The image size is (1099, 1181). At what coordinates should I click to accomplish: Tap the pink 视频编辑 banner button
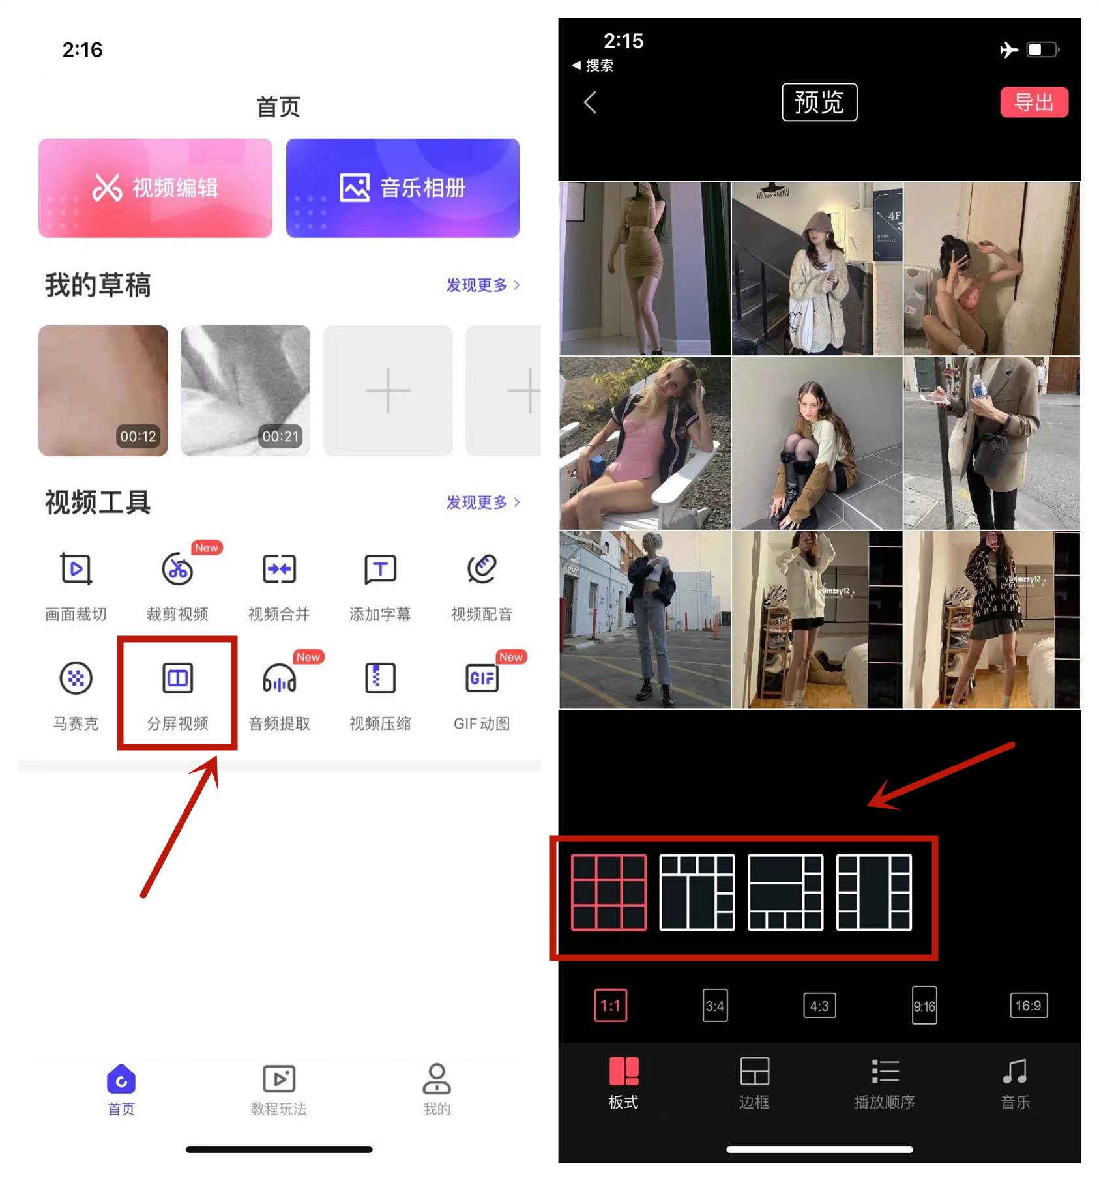click(155, 188)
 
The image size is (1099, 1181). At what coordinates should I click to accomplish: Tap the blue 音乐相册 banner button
click(402, 188)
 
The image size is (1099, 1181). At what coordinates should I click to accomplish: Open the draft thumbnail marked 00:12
click(103, 390)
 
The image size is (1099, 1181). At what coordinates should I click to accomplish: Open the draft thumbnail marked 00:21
click(245, 390)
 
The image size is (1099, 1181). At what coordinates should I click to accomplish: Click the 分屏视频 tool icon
click(177, 678)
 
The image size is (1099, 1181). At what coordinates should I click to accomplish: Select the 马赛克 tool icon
click(76, 678)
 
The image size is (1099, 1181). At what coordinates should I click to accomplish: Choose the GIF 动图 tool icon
click(482, 678)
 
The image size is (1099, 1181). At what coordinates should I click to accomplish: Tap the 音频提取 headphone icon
click(279, 678)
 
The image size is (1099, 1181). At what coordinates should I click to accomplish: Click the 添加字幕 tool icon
click(380, 570)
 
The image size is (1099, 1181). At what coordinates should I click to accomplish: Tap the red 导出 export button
click(1033, 102)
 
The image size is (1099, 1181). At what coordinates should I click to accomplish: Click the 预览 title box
click(819, 102)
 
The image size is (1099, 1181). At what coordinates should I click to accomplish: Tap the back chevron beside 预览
click(591, 102)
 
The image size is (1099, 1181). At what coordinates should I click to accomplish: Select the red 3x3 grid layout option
click(609, 892)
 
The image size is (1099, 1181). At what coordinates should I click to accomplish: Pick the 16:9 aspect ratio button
click(1028, 1006)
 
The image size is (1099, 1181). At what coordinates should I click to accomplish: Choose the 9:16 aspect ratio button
click(924, 1006)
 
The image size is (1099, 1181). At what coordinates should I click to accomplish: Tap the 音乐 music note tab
click(1015, 1083)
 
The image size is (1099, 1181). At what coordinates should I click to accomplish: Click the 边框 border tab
click(754, 1083)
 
